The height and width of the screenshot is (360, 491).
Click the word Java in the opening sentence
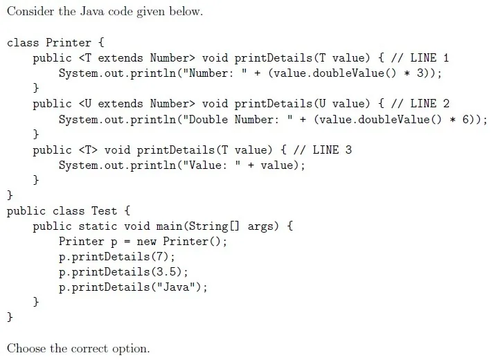(x=92, y=11)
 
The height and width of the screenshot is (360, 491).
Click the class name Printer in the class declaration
(x=69, y=42)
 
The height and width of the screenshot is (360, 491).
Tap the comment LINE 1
(x=429, y=58)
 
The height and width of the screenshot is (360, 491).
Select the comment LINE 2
(x=429, y=104)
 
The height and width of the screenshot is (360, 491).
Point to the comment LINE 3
(x=332, y=150)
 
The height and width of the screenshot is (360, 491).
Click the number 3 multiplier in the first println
(x=420, y=73)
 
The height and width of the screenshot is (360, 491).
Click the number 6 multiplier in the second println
(x=465, y=119)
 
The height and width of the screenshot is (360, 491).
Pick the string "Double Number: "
(x=238, y=119)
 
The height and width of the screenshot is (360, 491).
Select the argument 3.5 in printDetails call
(x=166, y=271)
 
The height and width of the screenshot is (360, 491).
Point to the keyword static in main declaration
(x=98, y=226)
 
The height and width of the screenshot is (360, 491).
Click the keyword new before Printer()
(x=147, y=242)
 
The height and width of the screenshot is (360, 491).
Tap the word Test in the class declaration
(x=104, y=210)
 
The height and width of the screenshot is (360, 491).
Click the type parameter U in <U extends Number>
(x=88, y=104)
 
